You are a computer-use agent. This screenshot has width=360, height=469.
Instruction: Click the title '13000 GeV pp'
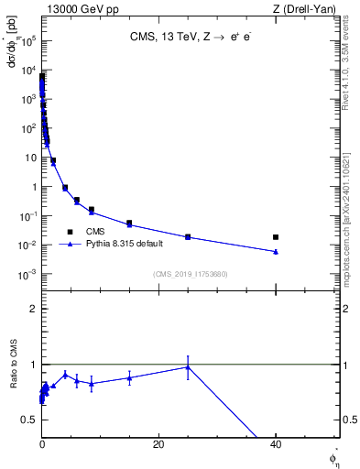tap(81, 9)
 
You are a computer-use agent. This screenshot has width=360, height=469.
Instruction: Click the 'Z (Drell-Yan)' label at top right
tap(303, 9)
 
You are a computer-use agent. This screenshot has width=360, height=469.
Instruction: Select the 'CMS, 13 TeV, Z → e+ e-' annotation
tap(191, 38)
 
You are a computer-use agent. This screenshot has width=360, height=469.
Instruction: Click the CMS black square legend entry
tap(70, 232)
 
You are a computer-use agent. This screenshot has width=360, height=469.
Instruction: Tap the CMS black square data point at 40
tap(276, 237)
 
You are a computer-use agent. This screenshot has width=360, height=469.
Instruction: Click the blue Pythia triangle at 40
tap(276, 252)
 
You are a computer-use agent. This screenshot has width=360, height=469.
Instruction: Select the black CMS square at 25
tap(188, 237)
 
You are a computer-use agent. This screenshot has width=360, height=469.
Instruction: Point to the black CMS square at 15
tap(129, 224)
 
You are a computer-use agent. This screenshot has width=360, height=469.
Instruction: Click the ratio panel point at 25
tap(188, 367)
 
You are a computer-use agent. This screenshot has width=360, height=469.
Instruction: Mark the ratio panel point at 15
tap(129, 377)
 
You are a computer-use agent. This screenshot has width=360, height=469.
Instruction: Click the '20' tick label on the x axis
tap(158, 443)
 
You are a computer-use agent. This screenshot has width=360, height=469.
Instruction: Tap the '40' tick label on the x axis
tap(275, 443)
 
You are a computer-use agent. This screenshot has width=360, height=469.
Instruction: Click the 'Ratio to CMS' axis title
tap(14, 379)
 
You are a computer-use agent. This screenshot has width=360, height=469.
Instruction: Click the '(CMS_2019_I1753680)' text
tap(190, 273)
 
